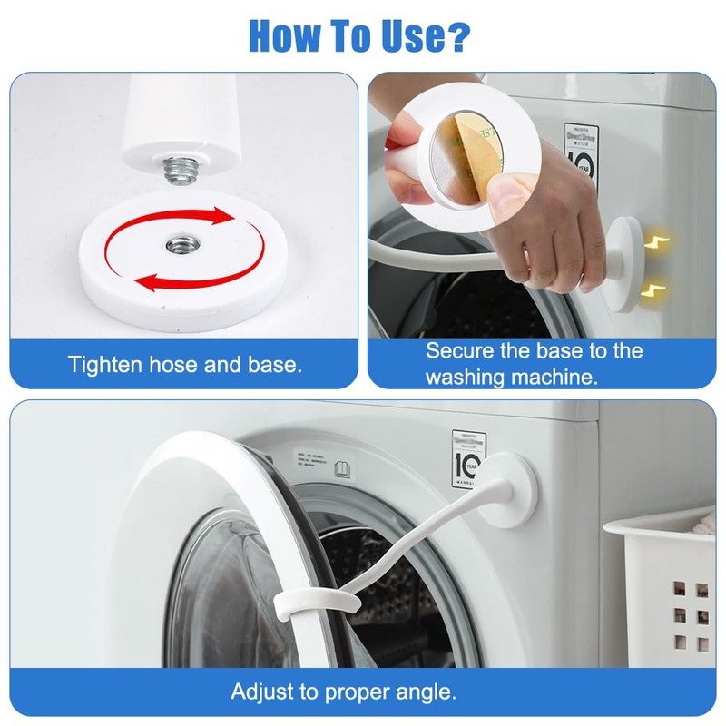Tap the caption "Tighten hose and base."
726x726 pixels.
(x=184, y=365)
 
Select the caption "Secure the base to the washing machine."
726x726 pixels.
(x=534, y=363)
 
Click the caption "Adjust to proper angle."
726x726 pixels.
(x=343, y=692)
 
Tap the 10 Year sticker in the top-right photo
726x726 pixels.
(x=581, y=154)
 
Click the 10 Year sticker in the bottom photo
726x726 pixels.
(x=468, y=459)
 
